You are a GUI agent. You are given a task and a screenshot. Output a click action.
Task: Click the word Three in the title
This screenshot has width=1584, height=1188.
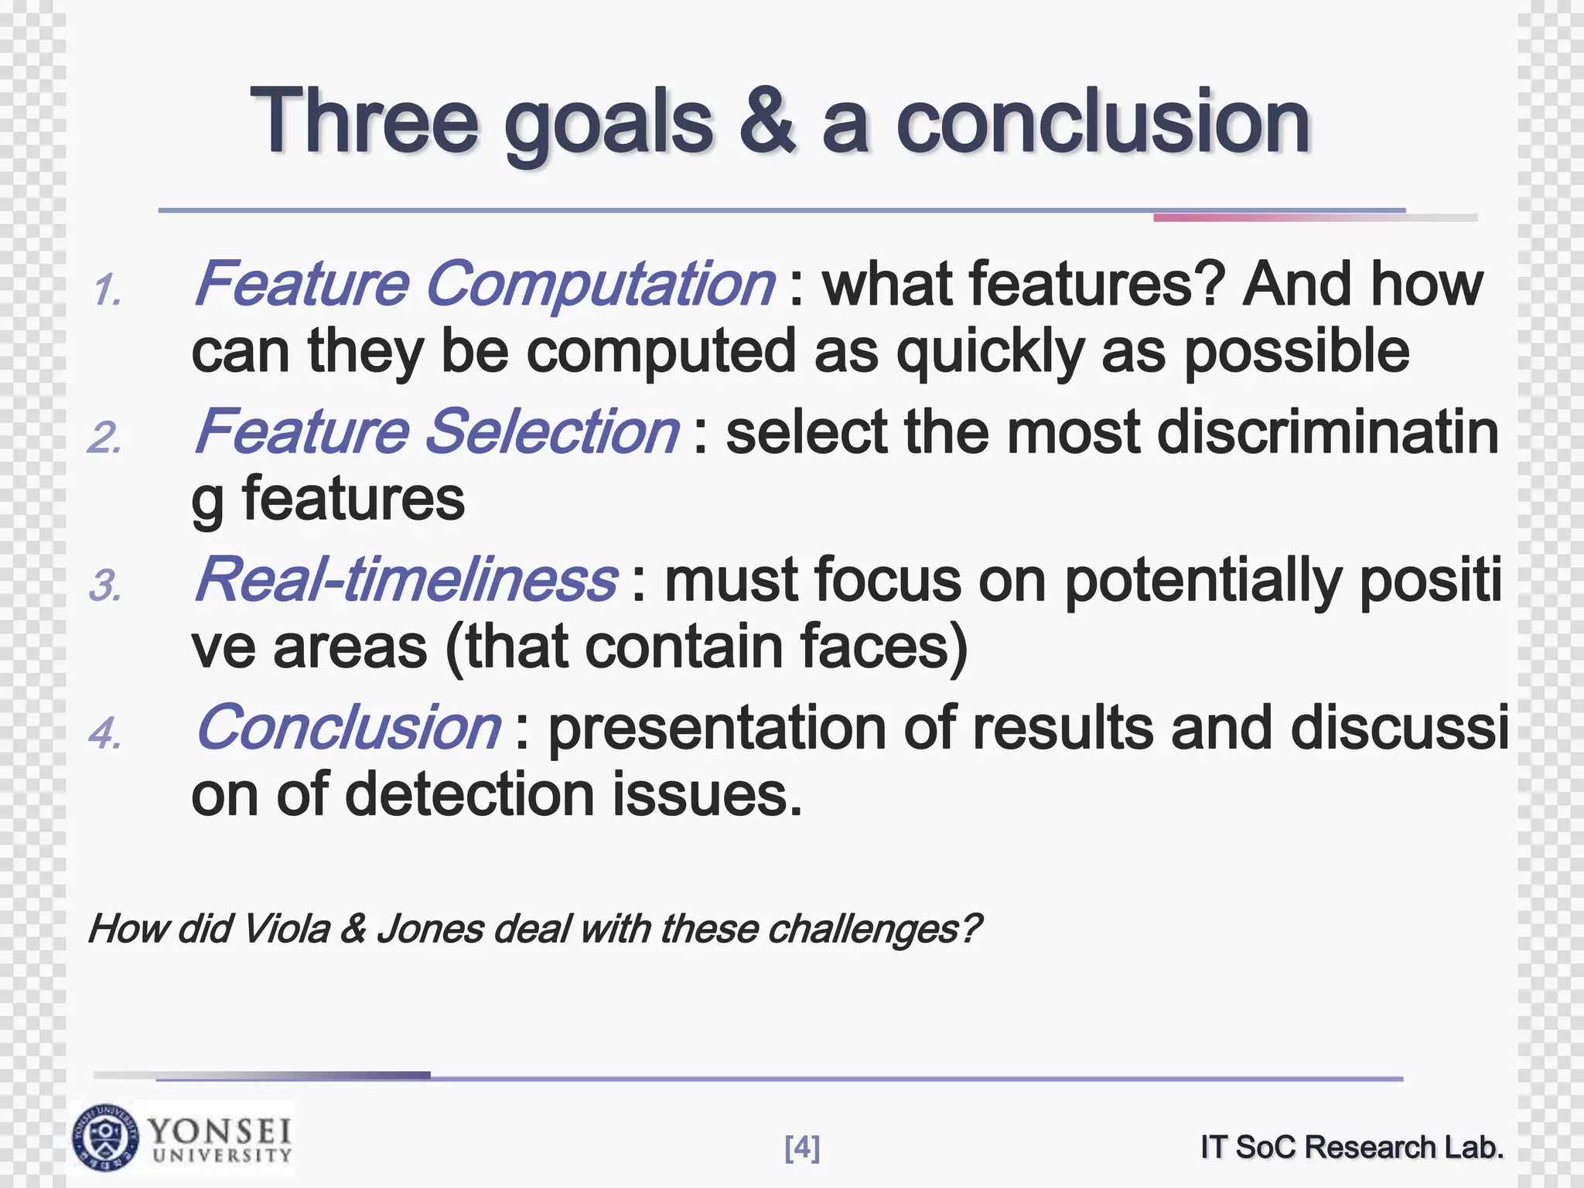pyautogui.click(x=364, y=121)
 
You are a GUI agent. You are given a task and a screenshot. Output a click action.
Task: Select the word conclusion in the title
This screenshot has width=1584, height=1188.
pyautogui.click(x=1103, y=121)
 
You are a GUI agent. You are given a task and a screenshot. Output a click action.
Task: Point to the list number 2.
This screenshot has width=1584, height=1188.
pyautogui.click(x=105, y=439)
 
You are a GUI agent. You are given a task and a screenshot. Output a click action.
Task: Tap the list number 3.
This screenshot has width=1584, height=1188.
pyautogui.click(x=105, y=586)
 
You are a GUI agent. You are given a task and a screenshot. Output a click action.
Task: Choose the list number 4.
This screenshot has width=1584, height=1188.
pyautogui.click(x=105, y=733)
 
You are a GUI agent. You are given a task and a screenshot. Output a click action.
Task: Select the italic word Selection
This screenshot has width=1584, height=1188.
pyautogui.click(x=552, y=432)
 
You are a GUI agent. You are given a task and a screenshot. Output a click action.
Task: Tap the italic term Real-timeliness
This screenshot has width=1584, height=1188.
pyautogui.click(x=405, y=579)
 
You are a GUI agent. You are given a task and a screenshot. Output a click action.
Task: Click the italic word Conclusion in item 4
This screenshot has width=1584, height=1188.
pyautogui.click(x=348, y=727)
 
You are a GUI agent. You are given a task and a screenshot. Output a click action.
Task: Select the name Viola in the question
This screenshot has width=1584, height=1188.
pyautogui.click(x=285, y=928)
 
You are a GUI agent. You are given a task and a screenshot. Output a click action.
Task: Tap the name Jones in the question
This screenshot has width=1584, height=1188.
pyautogui.click(x=430, y=928)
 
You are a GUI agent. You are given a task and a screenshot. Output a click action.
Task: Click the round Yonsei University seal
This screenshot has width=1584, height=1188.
pyautogui.click(x=106, y=1138)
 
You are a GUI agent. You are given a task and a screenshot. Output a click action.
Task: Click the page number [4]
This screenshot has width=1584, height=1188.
pyautogui.click(x=802, y=1148)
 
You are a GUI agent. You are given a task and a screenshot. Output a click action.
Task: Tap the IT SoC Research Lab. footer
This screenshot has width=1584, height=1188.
pyautogui.click(x=1352, y=1147)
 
